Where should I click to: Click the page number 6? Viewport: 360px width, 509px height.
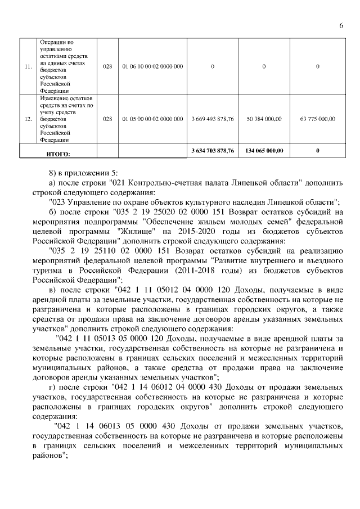341,25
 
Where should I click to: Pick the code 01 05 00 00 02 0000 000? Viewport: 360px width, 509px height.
152,119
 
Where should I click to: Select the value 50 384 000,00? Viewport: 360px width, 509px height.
264,119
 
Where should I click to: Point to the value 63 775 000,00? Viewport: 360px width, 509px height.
318,119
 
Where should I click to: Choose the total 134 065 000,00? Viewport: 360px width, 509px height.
264,151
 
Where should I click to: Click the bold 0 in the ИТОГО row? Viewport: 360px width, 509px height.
318,151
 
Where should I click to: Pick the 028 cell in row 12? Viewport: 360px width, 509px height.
108,119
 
